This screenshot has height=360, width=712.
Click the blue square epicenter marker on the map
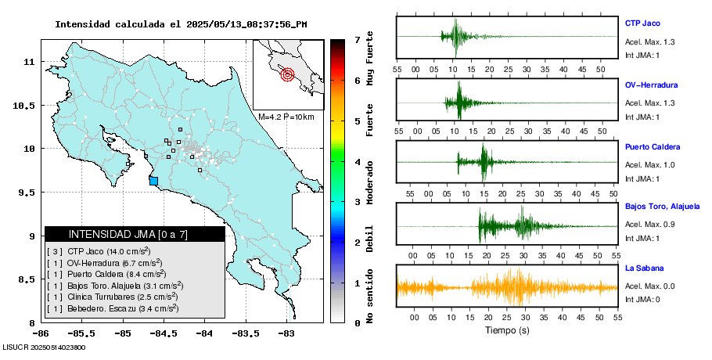click(x=153, y=181)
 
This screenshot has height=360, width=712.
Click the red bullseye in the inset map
click(x=287, y=75)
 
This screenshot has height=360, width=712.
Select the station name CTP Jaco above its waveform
click(x=642, y=23)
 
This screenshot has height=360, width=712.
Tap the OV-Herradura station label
click(x=651, y=85)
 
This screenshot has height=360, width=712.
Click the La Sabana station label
click(x=643, y=268)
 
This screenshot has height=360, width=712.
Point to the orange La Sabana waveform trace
click(x=507, y=286)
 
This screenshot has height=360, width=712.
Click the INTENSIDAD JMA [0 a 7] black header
click(x=135, y=234)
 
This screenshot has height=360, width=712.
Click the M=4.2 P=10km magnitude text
click(x=286, y=117)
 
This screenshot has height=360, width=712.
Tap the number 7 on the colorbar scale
click(x=357, y=39)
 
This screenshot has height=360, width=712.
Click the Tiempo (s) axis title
click(x=508, y=330)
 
